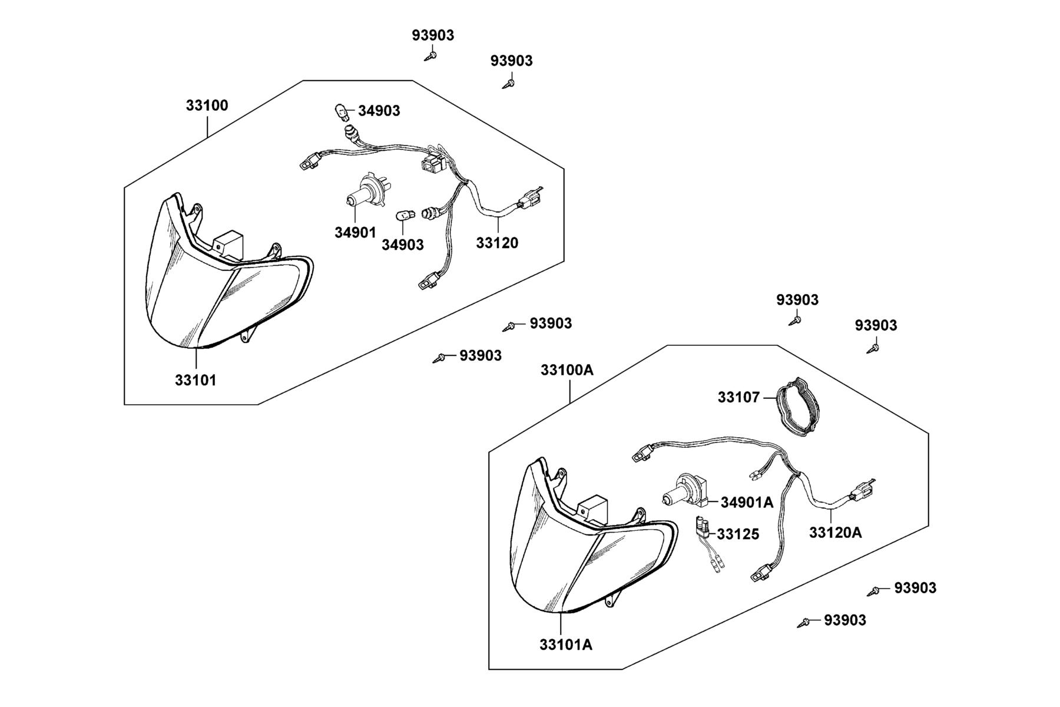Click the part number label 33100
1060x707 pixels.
coord(207,106)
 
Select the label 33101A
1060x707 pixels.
coord(566,645)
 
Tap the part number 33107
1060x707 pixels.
coord(738,398)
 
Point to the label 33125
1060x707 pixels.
coord(738,534)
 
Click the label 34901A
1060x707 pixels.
coord(747,503)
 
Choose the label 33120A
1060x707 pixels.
coord(835,533)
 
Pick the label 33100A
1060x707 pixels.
coord(567,370)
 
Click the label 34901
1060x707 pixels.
coord(355,233)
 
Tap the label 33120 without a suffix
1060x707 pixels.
coord(497,243)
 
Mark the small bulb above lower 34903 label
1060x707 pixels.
coord(403,214)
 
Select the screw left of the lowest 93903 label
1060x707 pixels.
coord(803,622)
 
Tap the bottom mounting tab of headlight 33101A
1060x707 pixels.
coord(614,599)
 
